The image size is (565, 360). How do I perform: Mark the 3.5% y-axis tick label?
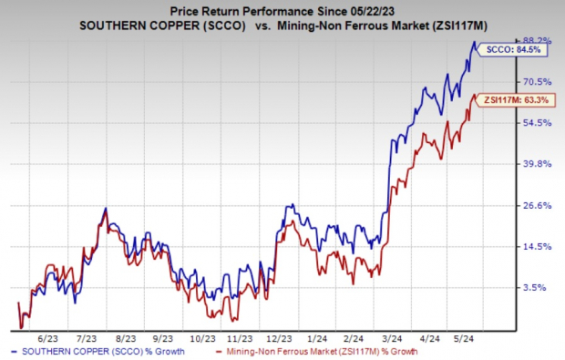click(537, 287)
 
